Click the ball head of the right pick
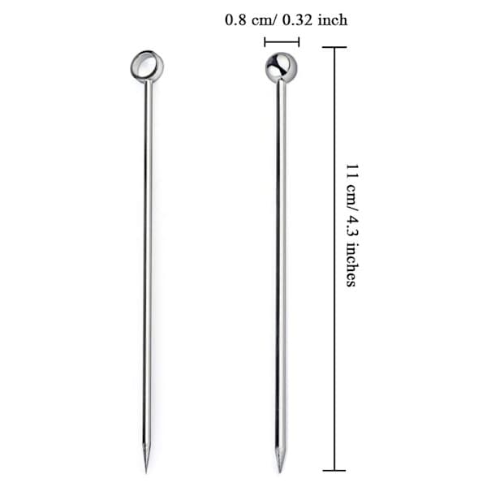click(x=281, y=67)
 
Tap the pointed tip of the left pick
click(x=145, y=472)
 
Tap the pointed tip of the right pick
click(x=279, y=472)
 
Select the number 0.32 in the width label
click(x=297, y=20)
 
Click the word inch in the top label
click(x=332, y=20)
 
